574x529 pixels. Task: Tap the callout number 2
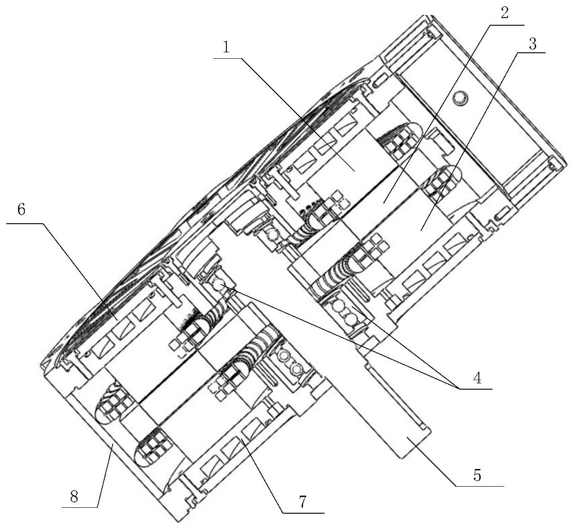click(505, 13)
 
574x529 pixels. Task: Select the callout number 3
click(532, 44)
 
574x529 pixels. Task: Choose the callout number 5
click(477, 475)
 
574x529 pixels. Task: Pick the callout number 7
click(303, 501)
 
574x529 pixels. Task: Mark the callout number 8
click(75, 497)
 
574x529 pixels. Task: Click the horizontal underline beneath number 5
click(479, 486)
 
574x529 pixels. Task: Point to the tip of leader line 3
click(422, 230)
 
